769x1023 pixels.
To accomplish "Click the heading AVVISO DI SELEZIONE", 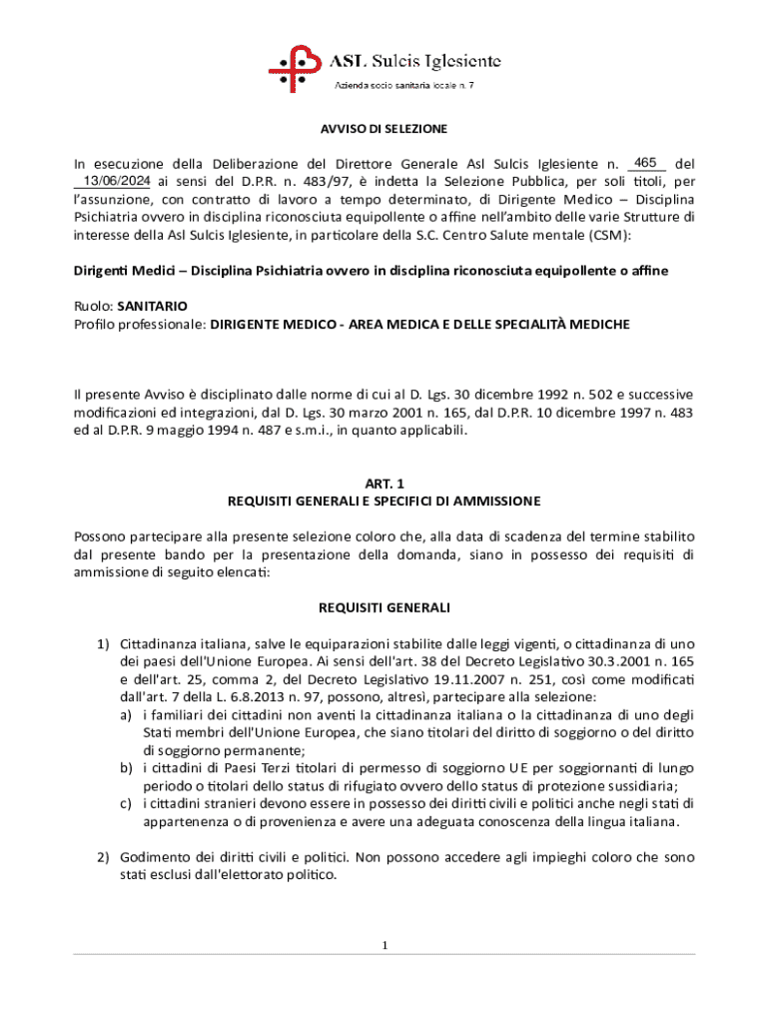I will (x=384, y=129).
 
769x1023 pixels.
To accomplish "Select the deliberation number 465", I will (x=645, y=162).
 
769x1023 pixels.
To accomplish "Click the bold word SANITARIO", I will (x=152, y=306).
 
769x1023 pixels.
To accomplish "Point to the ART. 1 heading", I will (x=384, y=484).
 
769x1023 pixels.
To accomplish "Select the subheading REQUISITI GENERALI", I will (x=384, y=607).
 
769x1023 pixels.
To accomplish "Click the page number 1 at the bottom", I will (x=384, y=945).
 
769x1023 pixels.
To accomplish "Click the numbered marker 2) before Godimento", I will (x=103, y=857).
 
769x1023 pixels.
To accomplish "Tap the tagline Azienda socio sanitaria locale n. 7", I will (x=403, y=86).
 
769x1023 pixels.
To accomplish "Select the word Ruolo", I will (x=93, y=306).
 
